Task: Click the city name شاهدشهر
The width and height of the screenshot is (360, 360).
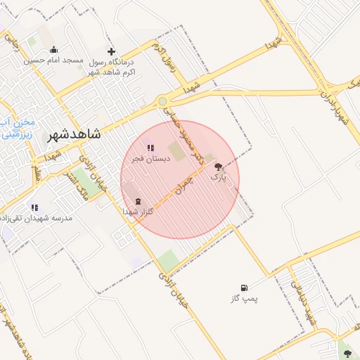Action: (74, 134)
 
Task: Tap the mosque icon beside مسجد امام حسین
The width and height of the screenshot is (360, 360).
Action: (54, 49)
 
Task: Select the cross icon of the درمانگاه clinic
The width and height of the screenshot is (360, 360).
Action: (110, 51)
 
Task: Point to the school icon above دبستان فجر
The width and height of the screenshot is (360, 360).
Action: (150, 148)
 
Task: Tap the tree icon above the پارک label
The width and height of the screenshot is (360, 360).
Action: (219, 167)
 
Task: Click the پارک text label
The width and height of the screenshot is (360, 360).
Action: (218, 177)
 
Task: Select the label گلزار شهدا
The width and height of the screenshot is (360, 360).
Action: (135, 211)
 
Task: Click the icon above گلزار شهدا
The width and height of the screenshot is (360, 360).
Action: (136, 200)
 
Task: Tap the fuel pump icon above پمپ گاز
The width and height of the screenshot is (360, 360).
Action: (244, 288)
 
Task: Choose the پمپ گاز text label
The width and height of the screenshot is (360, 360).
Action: (244, 299)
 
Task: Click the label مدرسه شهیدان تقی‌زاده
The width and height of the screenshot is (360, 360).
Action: (38, 219)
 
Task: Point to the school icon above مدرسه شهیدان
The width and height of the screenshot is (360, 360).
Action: (34, 207)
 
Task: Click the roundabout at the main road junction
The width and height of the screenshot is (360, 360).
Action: (163, 101)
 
